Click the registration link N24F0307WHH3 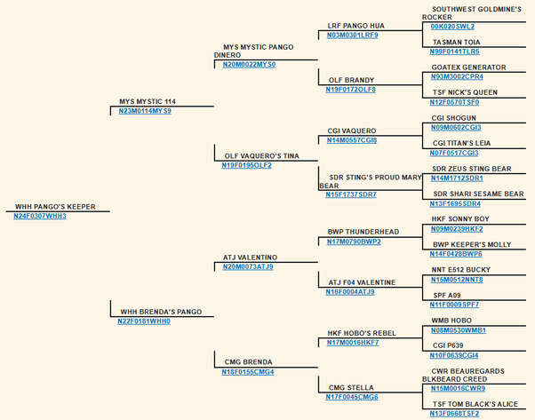pyautogui.click(x=40, y=216)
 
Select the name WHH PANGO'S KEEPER pyautogui.click(x=55, y=207)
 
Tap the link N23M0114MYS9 pyautogui.click(x=145, y=111)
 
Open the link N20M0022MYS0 pyautogui.click(x=249, y=64)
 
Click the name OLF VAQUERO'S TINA pyautogui.click(x=260, y=155)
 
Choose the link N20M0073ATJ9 pyautogui.click(x=248, y=266)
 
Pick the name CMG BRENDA pyautogui.click(x=247, y=362)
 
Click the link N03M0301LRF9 pyautogui.click(x=352, y=35)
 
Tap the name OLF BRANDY pyautogui.click(x=350, y=80)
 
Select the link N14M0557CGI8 pyautogui.click(x=352, y=139)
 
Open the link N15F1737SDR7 pyautogui.click(x=351, y=194)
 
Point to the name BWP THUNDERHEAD pyautogui.click(x=363, y=232)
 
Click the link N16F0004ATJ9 pyautogui.click(x=350, y=291)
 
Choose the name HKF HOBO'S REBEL pyautogui.click(x=361, y=333)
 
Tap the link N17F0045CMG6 pyautogui.click(x=352, y=397)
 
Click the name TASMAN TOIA pyautogui.click(x=456, y=42)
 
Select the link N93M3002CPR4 pyautogui.click(x=457, y=76)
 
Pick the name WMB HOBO pyautogui.click(x=451, y=321)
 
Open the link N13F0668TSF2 pyautogui.click(x=454, y=413)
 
